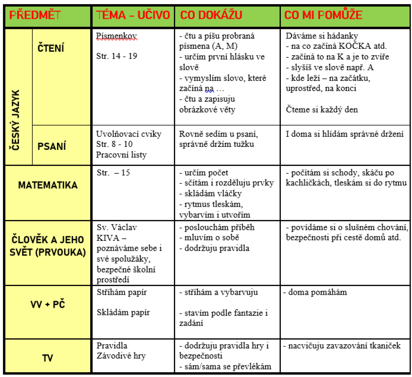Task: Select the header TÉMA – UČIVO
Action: [133, 15]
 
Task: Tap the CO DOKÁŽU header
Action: [211, 15]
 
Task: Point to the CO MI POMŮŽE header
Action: [323, 15]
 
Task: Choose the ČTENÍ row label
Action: [51, 48]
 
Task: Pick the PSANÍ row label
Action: [51, 146]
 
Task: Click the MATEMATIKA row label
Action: [48, 185]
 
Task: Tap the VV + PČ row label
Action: [48, 304]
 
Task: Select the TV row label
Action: [48, 358]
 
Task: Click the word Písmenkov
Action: [116, 36]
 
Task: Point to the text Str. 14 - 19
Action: [117, 56]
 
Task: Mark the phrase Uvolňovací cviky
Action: [128, 134]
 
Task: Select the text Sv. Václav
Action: [117, 227]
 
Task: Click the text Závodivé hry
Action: [121, 356]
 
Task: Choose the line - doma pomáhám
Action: [315, 292]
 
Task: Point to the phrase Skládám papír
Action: [123, 313]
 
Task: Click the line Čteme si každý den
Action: [322, 110]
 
